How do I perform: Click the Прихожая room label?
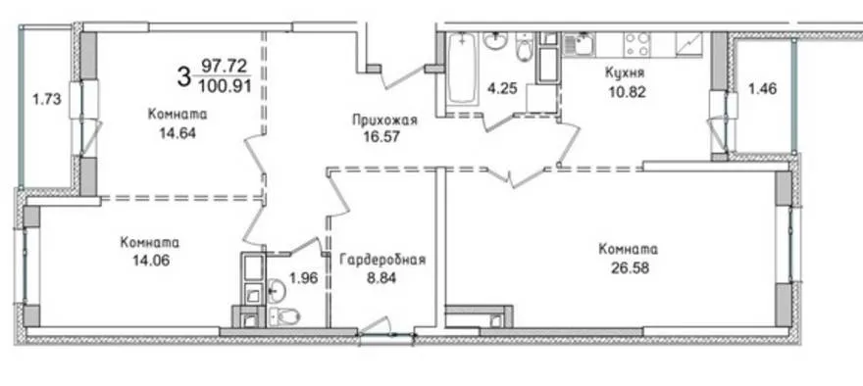pos(384,121)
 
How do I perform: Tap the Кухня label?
pos(625,72)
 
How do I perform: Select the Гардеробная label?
pos(382,260)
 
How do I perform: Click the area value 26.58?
pos(628,267)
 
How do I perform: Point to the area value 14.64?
pos(178,133)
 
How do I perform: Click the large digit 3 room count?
pos(183,75)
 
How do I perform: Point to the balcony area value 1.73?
pos(46,100)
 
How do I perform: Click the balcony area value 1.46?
pos(762,88)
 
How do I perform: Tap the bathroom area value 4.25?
pos(503,88)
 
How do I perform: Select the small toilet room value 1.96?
pos(303,278)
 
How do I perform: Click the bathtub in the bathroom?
pos(461,69)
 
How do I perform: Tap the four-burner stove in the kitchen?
pos(637,44)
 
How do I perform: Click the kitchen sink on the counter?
pos(578,43)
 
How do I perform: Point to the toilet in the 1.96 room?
pos(285,315)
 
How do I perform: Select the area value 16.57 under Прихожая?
pos(381,136)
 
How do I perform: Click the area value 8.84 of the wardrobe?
pos(381,277)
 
